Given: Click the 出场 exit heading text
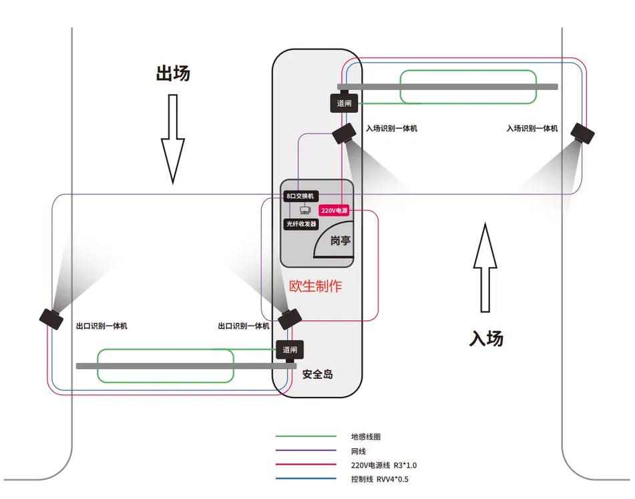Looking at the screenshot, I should point(173,73).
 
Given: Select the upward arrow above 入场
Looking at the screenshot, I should point(485,268).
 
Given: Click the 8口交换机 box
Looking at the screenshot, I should point(300,196).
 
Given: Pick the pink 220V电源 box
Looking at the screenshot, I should point(335,209).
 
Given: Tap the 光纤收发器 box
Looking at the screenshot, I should point(301,224).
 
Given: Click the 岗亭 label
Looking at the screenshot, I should point(341,241).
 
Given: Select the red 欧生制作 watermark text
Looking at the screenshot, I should point(315,286).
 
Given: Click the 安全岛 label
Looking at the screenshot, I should point(317,374).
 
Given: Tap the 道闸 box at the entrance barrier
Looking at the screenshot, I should point(345,103).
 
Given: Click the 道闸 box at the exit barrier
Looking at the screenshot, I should point(290,350).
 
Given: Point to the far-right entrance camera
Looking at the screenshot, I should point(583,133).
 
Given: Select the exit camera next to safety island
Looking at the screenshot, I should point(289,318).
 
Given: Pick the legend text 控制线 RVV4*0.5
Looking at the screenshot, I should point(379,479).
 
